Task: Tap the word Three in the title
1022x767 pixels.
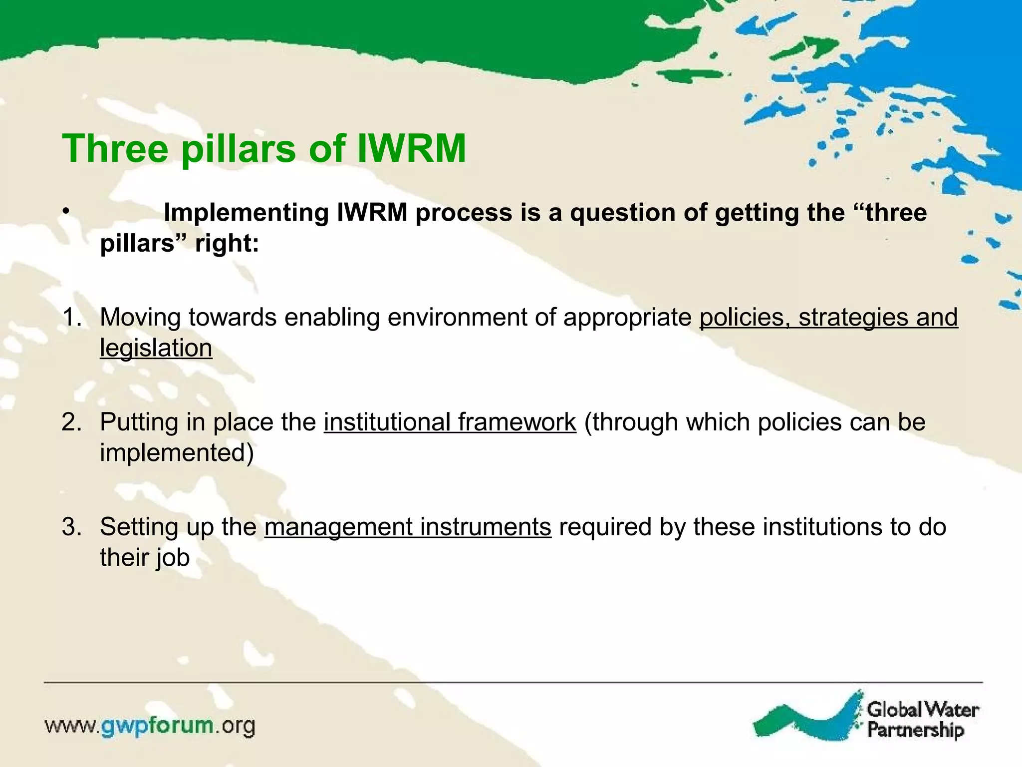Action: click(x=115, y=149)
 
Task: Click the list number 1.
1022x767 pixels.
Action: click(x=71, y=318)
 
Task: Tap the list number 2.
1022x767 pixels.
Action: click(x=71, y=422)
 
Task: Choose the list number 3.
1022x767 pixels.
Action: click(x=71, y=527)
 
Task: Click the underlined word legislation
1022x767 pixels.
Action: click(x=156, y=349)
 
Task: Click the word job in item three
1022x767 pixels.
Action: click(x=173, y=558)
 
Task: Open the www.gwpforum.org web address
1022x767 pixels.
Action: click(x=150, y=726)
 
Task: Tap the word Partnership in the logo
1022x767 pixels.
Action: click(x=915, y=730)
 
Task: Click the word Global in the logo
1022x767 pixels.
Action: click(x=894, y=710)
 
